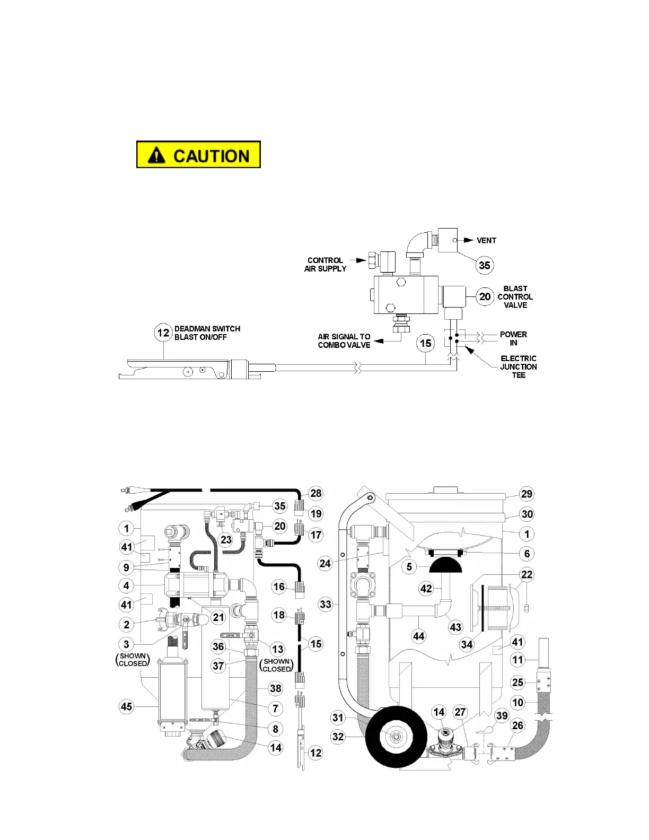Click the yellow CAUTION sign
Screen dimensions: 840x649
198,155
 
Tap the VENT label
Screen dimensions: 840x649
486,240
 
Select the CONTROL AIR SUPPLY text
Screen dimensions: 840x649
325,265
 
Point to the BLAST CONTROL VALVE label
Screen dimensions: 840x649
515,297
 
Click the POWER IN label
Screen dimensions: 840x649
513,338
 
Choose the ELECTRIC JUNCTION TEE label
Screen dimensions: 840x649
518,366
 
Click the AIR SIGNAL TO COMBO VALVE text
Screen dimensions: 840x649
344,341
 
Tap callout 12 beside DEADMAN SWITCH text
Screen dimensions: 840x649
163,332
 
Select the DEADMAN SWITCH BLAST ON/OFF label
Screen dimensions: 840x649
207,333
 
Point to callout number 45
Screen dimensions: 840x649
126,706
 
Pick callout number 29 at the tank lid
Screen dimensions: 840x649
527,494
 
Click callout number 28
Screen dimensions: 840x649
315,493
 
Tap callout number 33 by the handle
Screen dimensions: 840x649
325,604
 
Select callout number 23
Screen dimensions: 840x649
226,539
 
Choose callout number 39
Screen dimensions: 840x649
502,715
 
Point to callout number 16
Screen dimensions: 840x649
279,587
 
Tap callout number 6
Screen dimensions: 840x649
527,554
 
